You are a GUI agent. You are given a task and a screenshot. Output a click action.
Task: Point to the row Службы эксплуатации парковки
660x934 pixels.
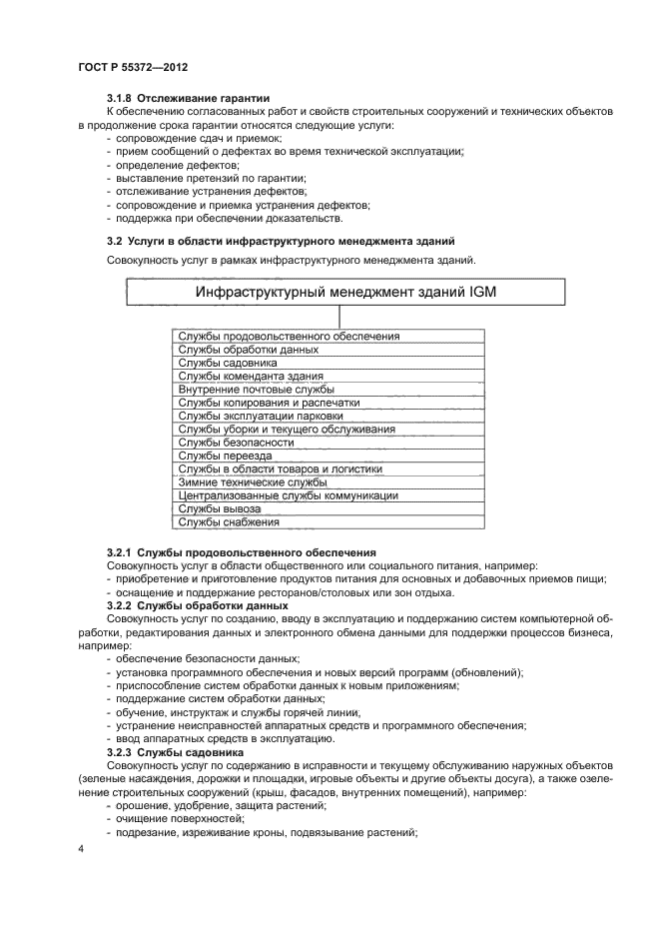tap(261, 416)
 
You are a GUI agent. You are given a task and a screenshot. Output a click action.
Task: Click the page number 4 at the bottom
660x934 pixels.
tap(81, 848)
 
